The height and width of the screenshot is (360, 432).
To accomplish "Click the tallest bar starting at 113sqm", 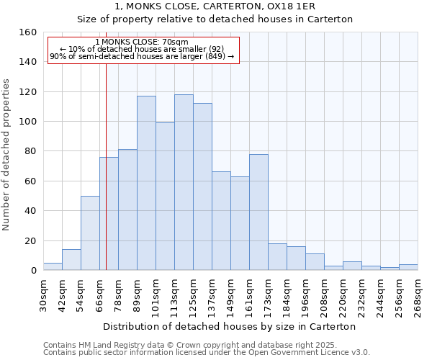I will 184,182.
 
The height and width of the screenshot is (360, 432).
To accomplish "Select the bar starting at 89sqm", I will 146,183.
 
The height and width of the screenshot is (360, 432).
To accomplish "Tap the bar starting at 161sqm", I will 258,212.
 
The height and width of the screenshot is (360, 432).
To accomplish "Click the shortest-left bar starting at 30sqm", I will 53,266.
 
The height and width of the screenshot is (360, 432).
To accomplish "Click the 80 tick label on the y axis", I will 30,151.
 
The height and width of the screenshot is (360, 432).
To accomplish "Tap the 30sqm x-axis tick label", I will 44,292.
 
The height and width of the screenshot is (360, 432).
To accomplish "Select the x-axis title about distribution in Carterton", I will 230,326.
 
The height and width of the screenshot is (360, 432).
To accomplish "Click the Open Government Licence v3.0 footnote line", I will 207,353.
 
